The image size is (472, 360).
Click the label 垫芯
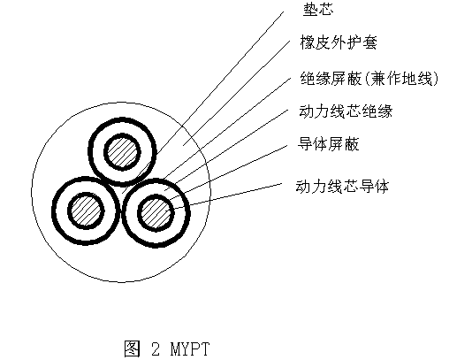pyautogui.click(x=318, y=10)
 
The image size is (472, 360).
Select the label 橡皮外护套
pyautogui.click(x=339, y=42)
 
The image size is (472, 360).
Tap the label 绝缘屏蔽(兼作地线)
pyautogui.click(x=369, y=79)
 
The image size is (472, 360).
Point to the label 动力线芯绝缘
pyautogui.click(x=346, y=111)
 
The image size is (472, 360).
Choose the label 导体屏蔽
pyautogui.click(x=328, y=144)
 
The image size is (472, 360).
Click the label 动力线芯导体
pyautogui.click(x=342, y=187)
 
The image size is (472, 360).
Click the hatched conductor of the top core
pyautogui.click(x=122, y=152)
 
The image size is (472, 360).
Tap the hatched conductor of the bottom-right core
pyautogui.click(x=156, y=213)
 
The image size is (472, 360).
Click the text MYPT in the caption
pyautogui.click(x=190, y=349)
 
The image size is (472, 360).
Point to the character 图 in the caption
pyautogui.click(x=133, y=349)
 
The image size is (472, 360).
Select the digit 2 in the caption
pyautogui.click(x=156, y=349)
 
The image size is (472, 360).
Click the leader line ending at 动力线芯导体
pyautogui.click(x=227, y=195)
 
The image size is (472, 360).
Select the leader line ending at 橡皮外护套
pyautogui.click(x=237, y=92)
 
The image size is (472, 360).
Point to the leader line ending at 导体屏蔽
pyautogui.click(x=228, y=173)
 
